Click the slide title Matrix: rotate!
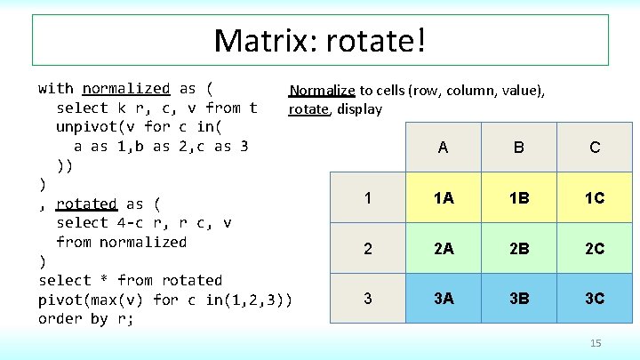point(320,40)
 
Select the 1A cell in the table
point(443,198)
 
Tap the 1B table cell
point(519,198)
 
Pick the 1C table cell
point(595,198)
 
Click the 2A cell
point(443,249)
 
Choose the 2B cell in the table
point(519,249)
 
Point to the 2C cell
point(595,249)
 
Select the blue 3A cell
point(443,299)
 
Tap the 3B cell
point(519,299)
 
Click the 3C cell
point(595,299)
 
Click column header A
point(443,148)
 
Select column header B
point(519,148)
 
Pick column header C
point(595,148)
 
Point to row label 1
point(368,198)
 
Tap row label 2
point(368,249)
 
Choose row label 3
point(368,299)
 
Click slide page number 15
point(596,343)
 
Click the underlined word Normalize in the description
point(322,91)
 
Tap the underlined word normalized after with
point(125,88)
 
